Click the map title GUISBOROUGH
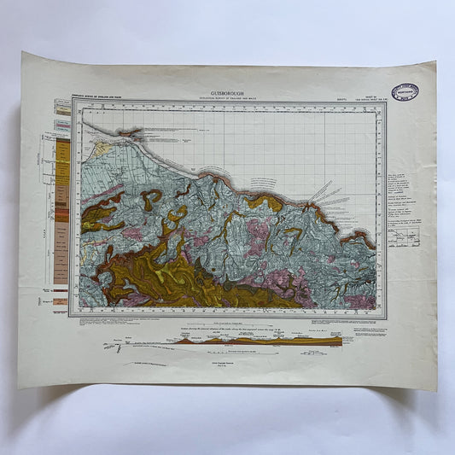coord(226,94)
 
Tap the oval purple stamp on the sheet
coord(405,92)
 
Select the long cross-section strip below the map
coord(256,341)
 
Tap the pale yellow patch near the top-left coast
coord(102,149)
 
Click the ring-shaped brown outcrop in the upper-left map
coord(152,199)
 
